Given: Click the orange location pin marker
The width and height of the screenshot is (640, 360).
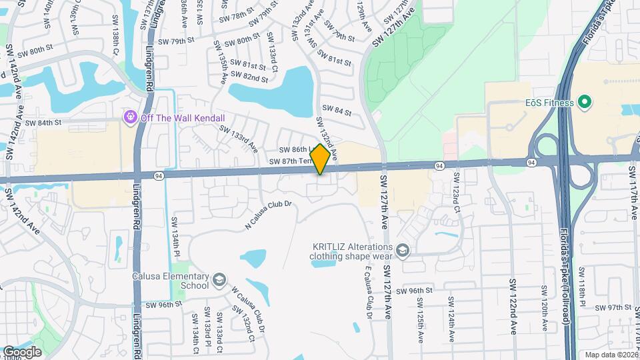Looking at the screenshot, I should point(321,159).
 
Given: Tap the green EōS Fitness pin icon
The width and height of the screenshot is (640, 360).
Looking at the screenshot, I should point(585,102).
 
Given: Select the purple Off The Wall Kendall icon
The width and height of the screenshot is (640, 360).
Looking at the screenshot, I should point(130,117).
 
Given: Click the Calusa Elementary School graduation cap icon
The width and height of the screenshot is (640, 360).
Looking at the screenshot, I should point(219,281).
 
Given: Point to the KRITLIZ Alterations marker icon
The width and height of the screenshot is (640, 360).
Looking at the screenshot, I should point(403,251).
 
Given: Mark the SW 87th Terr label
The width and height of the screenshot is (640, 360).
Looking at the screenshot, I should point(291,162).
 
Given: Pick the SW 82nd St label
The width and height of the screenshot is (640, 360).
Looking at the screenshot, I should point(246,78).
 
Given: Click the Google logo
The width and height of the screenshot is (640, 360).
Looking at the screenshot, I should point(22,351).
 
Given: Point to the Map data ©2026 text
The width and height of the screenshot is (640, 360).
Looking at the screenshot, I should point(611,355).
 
